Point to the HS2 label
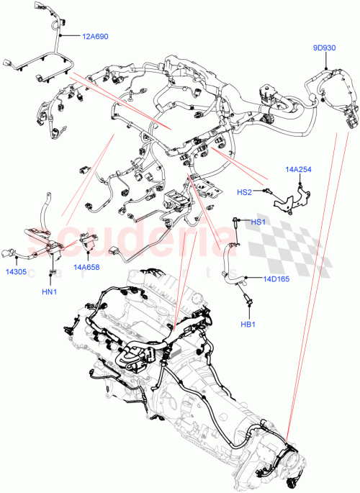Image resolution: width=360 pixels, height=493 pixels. click(245, 192)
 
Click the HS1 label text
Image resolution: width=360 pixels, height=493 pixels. click(258, 222)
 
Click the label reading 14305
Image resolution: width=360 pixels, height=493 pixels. click(18, 273)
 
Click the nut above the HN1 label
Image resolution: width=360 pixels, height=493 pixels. click(52, 271)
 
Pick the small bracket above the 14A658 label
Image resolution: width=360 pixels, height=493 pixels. click(89, 247)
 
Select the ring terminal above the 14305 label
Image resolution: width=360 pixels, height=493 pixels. click(10, 252)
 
